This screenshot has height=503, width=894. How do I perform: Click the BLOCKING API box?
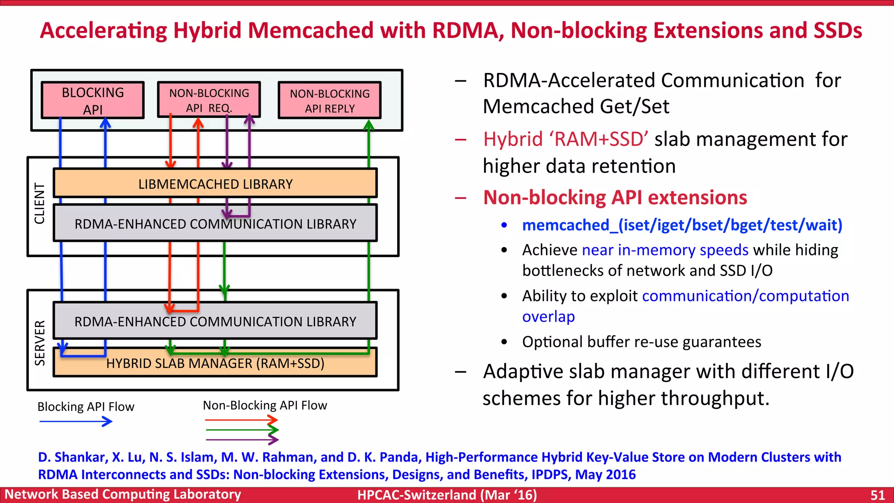pyautogui.click(x=93, y=100)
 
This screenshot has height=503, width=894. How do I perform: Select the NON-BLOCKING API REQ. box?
pyautogui.click(x=209, y=100)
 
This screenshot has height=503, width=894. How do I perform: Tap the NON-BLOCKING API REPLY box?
pyautogui.click(x=330, y=100)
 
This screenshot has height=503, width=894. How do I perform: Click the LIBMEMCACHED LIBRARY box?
pyautogui.click(x=215, y=184)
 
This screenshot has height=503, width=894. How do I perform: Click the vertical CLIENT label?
pyautogui.click(x=40, y=203)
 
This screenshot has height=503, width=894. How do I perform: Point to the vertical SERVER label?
pyautogui.click(x=40, y=343)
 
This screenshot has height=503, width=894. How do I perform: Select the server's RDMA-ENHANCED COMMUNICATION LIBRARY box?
pyautogui.click(x=215, y=322)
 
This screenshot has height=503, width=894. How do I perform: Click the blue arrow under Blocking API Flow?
pyautogui.click(x=76, y=421)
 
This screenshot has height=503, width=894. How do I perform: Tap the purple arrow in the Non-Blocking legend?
pyautogui.click(x=242, y=440)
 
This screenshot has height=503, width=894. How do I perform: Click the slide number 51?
pyautogui.click(x=877, y=495)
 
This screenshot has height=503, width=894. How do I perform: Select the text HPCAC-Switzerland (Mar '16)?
pyautogui.click(x=447, y=495)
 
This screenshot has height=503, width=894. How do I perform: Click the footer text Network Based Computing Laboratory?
pyautogui.click(x=123, y=494)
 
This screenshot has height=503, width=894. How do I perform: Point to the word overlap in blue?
pyautogui.click(x=548, y=317)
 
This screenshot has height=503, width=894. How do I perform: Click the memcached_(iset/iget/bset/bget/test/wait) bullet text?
pyautogui.click(x=682, y=225)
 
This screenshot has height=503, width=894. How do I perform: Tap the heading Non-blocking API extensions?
pyautogui.click(x=615, y=197)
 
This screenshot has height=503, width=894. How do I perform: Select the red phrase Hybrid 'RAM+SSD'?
pyautogui.click(x=565, y=139)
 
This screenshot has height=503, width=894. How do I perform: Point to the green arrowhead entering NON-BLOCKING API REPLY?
pyautogui.click(x=369, y=125)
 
